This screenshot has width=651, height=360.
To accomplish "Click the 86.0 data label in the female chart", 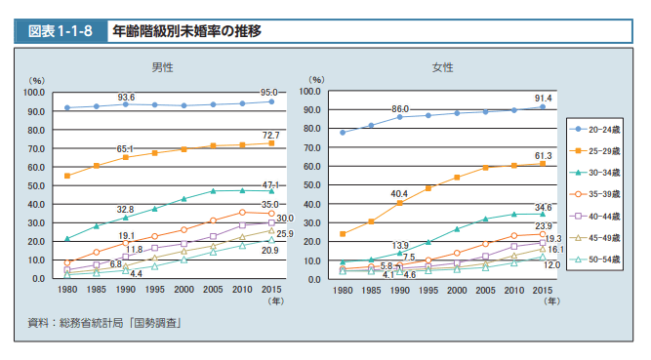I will (x=400, y=108).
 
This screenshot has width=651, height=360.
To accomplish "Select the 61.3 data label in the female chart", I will (x=543, y=155).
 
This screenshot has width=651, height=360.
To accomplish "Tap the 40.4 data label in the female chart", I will (x=399, y=193).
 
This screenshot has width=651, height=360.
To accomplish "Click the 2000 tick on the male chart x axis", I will (x=184, y=290).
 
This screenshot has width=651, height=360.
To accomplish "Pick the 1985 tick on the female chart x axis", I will (x=372, y=290).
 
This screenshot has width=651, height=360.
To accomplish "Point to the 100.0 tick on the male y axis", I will (x=34, y=93).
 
